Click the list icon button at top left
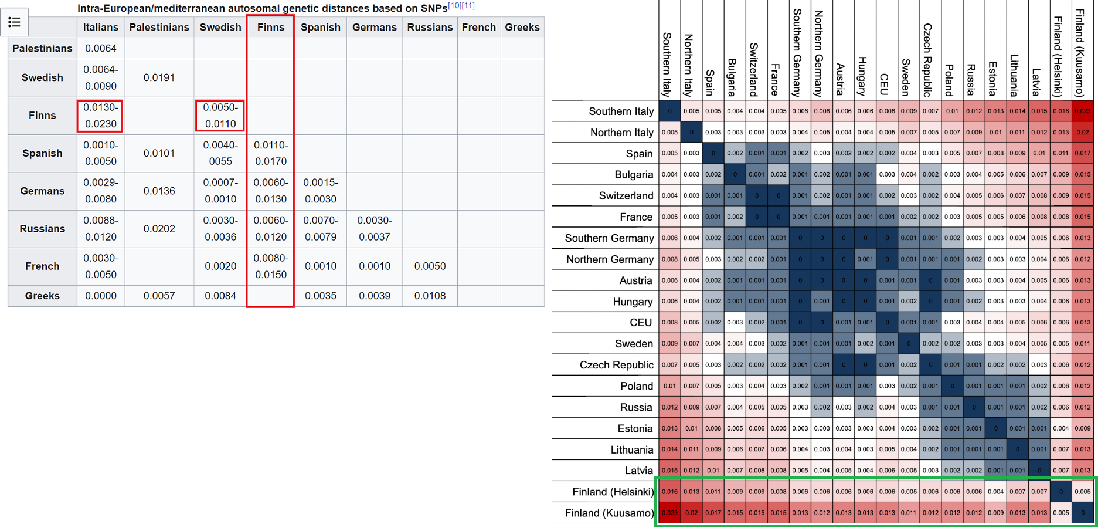pos(15,22)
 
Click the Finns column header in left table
pos(270,28)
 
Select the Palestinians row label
pos(42,49)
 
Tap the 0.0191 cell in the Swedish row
pos(159,78)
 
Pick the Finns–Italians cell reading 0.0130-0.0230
pos(100,116)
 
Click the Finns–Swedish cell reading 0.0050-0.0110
pos(220,116)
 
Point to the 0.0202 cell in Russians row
pos(159,229)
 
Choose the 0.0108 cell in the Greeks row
pos(430,296)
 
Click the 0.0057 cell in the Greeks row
pos(159,296)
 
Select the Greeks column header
pos(522,28)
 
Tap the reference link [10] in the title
pos(454,6)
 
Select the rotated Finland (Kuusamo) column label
pos(1080,53)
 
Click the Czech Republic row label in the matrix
pos(616,365)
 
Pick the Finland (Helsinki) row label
pos(612,492)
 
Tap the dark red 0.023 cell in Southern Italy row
pos(1082,111)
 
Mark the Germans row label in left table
pos(42,191)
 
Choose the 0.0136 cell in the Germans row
pos(159,191)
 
